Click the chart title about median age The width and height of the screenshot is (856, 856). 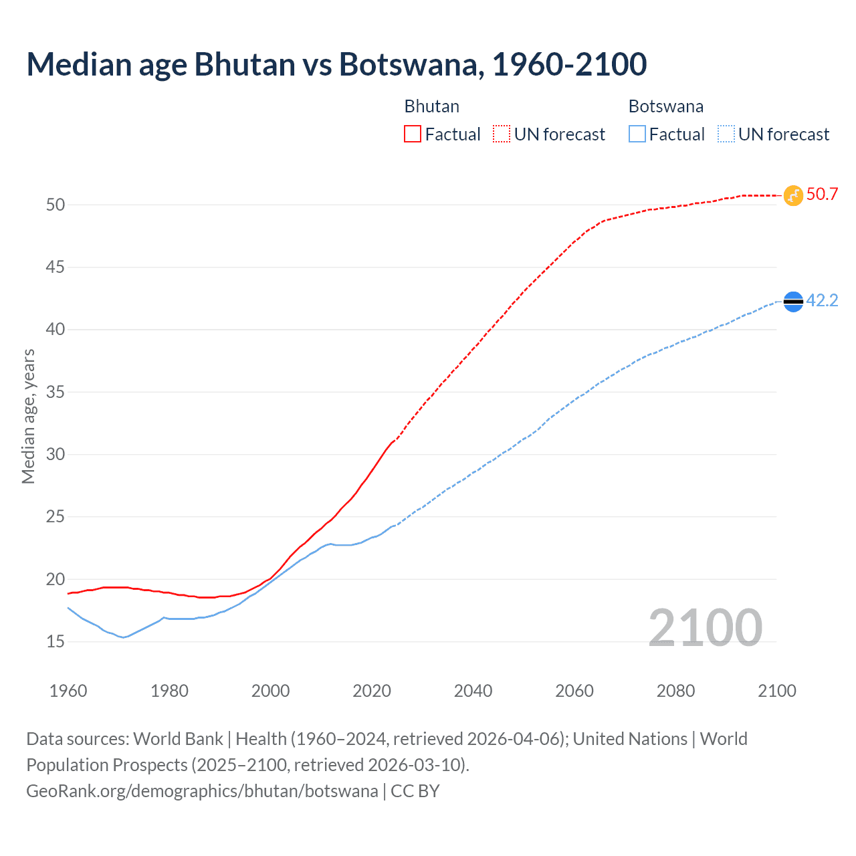pos(336,64)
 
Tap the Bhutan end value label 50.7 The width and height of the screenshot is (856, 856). pos(822,195)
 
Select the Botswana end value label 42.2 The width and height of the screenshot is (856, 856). pos(822,301)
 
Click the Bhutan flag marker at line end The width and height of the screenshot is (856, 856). pos(793,195)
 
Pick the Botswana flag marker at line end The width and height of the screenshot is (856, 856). pos(793,302)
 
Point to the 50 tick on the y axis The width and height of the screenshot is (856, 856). pos(56,205)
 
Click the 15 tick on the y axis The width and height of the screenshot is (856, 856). pos(56,642)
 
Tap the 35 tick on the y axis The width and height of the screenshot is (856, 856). pos(56,392)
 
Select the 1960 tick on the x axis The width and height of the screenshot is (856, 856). pos(68,691)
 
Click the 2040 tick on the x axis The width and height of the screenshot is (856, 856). pos(473,691)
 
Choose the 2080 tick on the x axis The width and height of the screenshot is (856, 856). pos(675,691)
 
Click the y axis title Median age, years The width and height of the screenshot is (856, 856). pos(28,416)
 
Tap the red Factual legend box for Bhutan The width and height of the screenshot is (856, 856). pos(413,134)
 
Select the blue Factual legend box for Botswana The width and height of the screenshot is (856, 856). pos(637,134)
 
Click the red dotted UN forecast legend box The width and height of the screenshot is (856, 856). pos(502,134)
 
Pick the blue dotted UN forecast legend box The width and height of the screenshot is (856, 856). pos(726,134)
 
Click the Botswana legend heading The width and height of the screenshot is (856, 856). pos(665,106)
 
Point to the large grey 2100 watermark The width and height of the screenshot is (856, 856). pos(705,627)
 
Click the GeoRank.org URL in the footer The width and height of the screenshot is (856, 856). pos(202,791)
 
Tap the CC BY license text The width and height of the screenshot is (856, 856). pos(415,791)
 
